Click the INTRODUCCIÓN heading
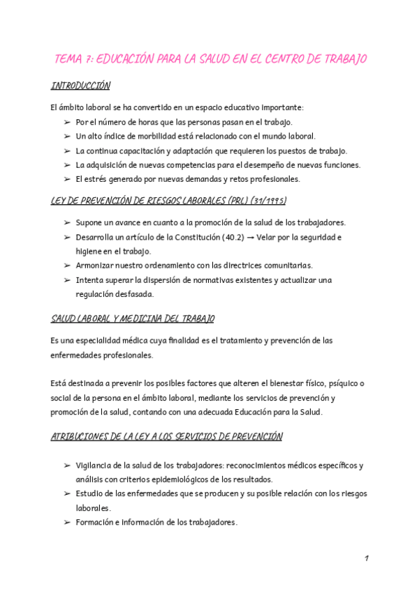[x=81, y=86]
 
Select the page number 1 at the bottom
[x=366, y=559]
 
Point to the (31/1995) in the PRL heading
[x=265, y=201]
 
